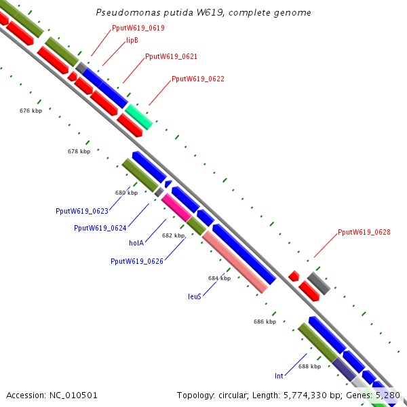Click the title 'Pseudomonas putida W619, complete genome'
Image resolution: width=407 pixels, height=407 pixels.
(x=203, y=13)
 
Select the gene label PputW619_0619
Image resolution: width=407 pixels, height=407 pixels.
(x=138, y=28)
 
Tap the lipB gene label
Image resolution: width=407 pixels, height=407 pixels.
(x=132, y=41)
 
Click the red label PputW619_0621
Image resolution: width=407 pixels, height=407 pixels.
(x=171, y=57)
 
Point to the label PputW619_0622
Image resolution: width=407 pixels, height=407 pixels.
(x=197, y=79)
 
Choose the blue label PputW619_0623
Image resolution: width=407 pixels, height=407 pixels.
(x=82, y=211)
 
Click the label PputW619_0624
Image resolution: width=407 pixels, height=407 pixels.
(x=100, y=228)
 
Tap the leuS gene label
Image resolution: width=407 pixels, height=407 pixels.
(x=195, y=296)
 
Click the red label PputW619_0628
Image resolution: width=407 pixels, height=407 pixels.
(x=364, y=233)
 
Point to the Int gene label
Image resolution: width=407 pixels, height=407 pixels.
(x=279, y=375)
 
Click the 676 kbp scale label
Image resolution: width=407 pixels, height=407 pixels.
(x=31, y=110)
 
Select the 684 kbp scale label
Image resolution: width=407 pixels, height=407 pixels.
(x=219, y=278)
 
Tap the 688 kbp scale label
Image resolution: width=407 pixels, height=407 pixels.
(x=309, y=366)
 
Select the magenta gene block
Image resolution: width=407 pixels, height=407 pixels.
(x=176, y=207)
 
